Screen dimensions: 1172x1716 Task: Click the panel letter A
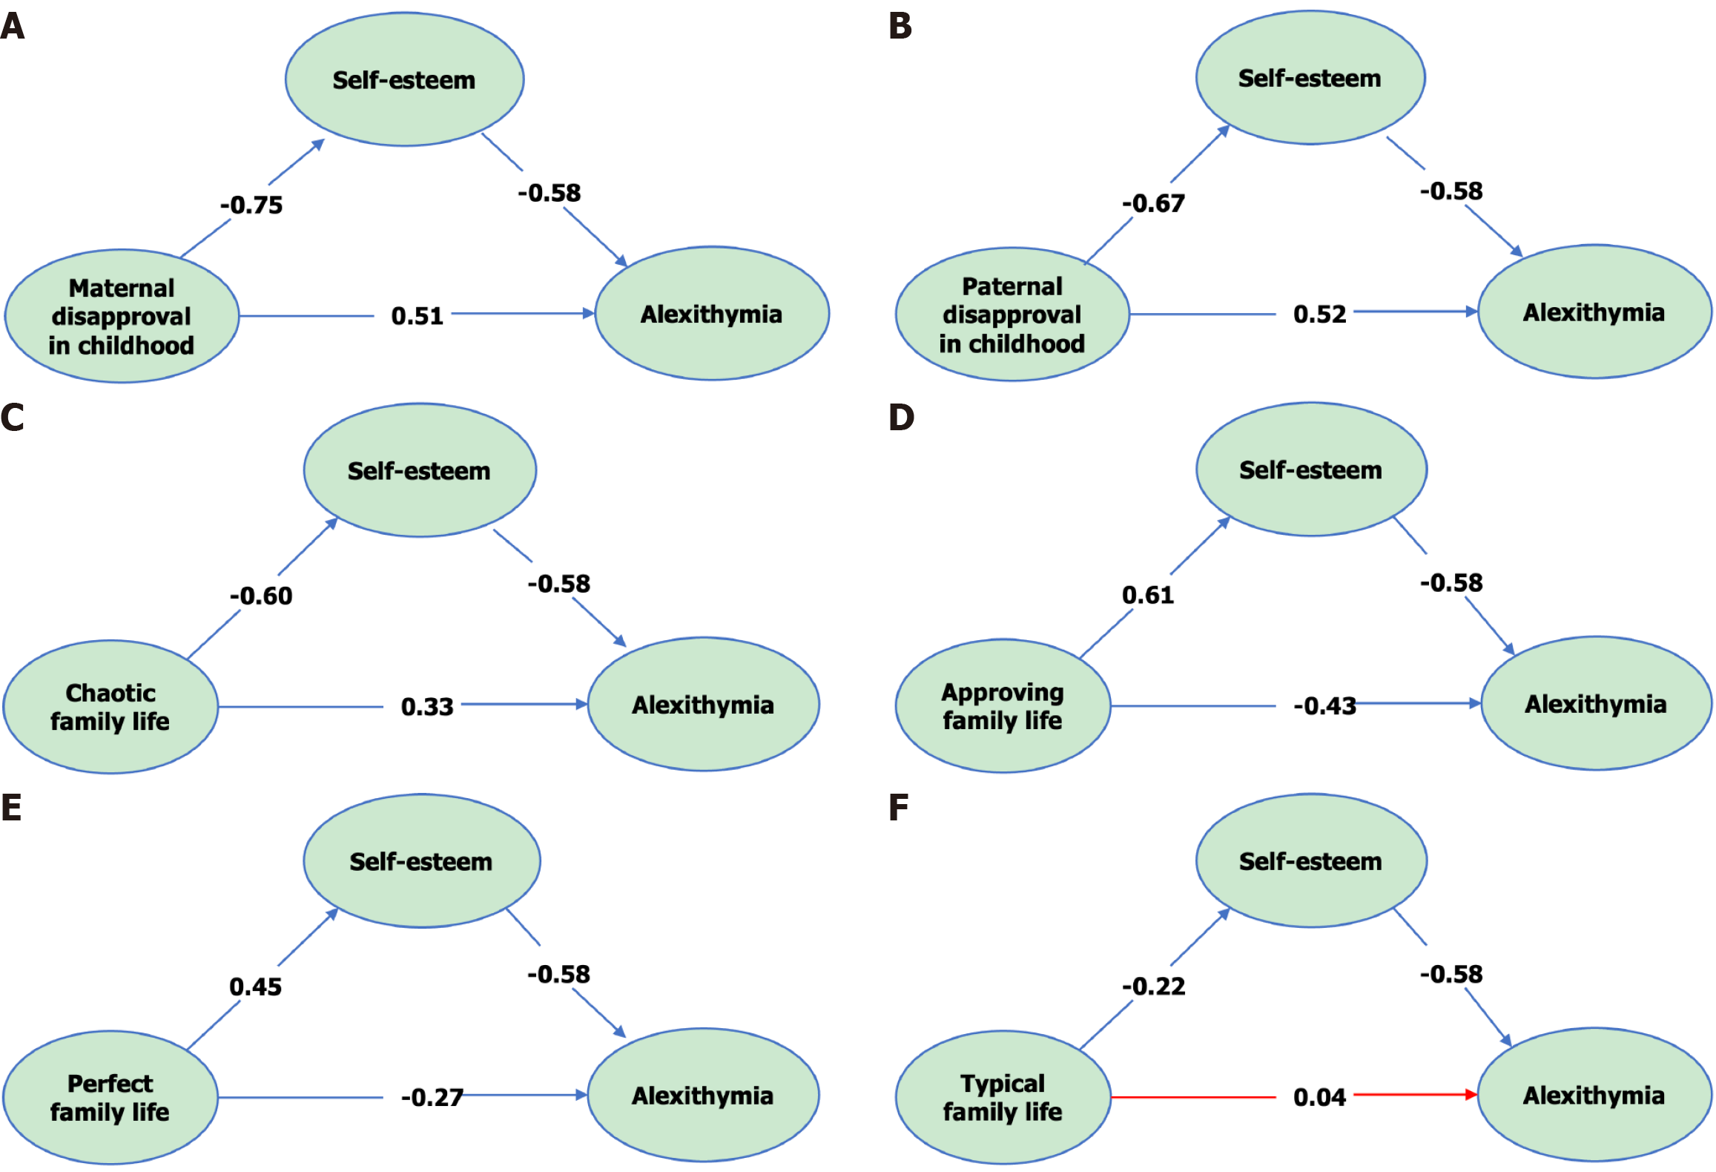[x=13, y=27]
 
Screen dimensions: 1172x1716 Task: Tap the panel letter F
[x=898, y=808]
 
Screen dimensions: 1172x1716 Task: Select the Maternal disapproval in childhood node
[x=122, y=316]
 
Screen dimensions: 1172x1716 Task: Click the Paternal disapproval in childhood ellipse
[x=1012, y=315]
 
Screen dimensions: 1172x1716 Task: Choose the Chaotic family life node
[x=110, y=707]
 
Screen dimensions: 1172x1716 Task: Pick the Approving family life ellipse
[x=1003, y=706]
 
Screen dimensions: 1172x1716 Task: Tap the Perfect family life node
[x=110, y=1097]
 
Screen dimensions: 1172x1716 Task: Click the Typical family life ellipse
[x=1003, y=1097]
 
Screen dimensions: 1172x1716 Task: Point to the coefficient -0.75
[x=251, y=205]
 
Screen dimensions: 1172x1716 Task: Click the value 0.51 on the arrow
[x=417, y=317]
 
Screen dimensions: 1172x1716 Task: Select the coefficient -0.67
[x=1153, y=203]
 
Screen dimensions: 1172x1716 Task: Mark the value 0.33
[x=426, y=707]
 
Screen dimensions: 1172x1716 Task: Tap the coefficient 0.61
[x=1147, y=595]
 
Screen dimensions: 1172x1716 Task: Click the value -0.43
[x=1324, y=706]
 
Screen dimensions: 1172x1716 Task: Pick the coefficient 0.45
[x=255, y=987]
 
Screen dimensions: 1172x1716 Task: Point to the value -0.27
[x=432, y=1097]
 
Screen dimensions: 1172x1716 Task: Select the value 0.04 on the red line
[x=1319, y=1097]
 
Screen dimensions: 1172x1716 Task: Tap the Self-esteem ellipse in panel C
[x=420, y=470]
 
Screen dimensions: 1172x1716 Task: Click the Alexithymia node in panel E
[x=703, y=1096]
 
